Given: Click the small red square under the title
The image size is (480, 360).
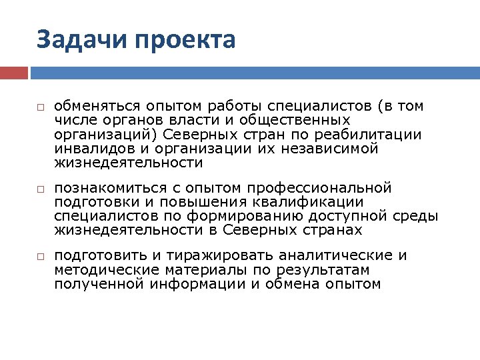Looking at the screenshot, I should click(x=14, y=72).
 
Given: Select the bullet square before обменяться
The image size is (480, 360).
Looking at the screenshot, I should click(x=41, y=107).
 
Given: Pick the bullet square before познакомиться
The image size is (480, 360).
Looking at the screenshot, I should click(x=41, y=190).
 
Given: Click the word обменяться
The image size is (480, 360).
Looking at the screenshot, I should click(x=96, y=106).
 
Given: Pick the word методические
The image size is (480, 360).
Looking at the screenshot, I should click(x=96, y=270).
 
